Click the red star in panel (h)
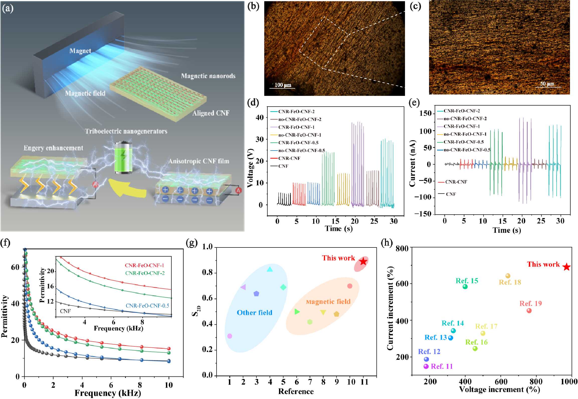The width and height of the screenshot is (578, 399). pyautogui.click(x=567, y=267)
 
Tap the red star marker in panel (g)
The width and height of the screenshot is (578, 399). pyautogui.click(x=363, y=261)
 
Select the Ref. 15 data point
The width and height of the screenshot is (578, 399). pyautogui.click(x=465, y=287)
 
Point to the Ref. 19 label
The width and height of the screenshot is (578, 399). pyautogui.click(x=531, y=303)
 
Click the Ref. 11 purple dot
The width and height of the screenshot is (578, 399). pyautogui.click(x=426, y=366)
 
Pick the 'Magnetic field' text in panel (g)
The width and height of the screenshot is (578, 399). pyautogui.click(x=328, y=302)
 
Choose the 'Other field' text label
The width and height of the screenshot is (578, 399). pyautogui.click(x=254, y=313)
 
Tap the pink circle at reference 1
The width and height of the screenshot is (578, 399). pyautogui.click(x=230, y=336)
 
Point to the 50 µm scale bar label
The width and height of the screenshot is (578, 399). pyautogui.click(x=547, y=84)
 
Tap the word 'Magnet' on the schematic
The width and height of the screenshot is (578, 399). pyautogui.click(x=80, y=51)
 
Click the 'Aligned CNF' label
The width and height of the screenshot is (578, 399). pyautogui.click(x=211, y=113)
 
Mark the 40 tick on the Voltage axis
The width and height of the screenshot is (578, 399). pyautogui.click(x=260, y=117)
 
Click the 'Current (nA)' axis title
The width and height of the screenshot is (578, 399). pyautogui.click(x=412, y=163)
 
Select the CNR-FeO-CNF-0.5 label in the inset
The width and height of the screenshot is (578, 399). pyautogui.click(x=147, y=306)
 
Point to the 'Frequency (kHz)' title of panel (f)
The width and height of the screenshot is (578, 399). pyautogui.click(x=108, y=393)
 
